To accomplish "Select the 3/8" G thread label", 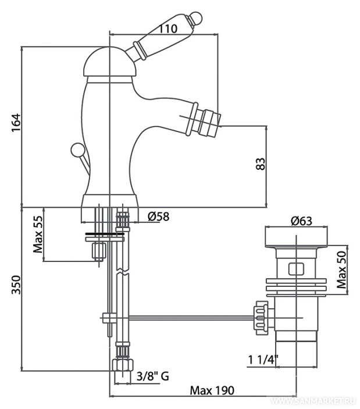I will [153, 376].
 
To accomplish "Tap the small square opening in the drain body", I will [296, 269].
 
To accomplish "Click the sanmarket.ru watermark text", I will [313, 402].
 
